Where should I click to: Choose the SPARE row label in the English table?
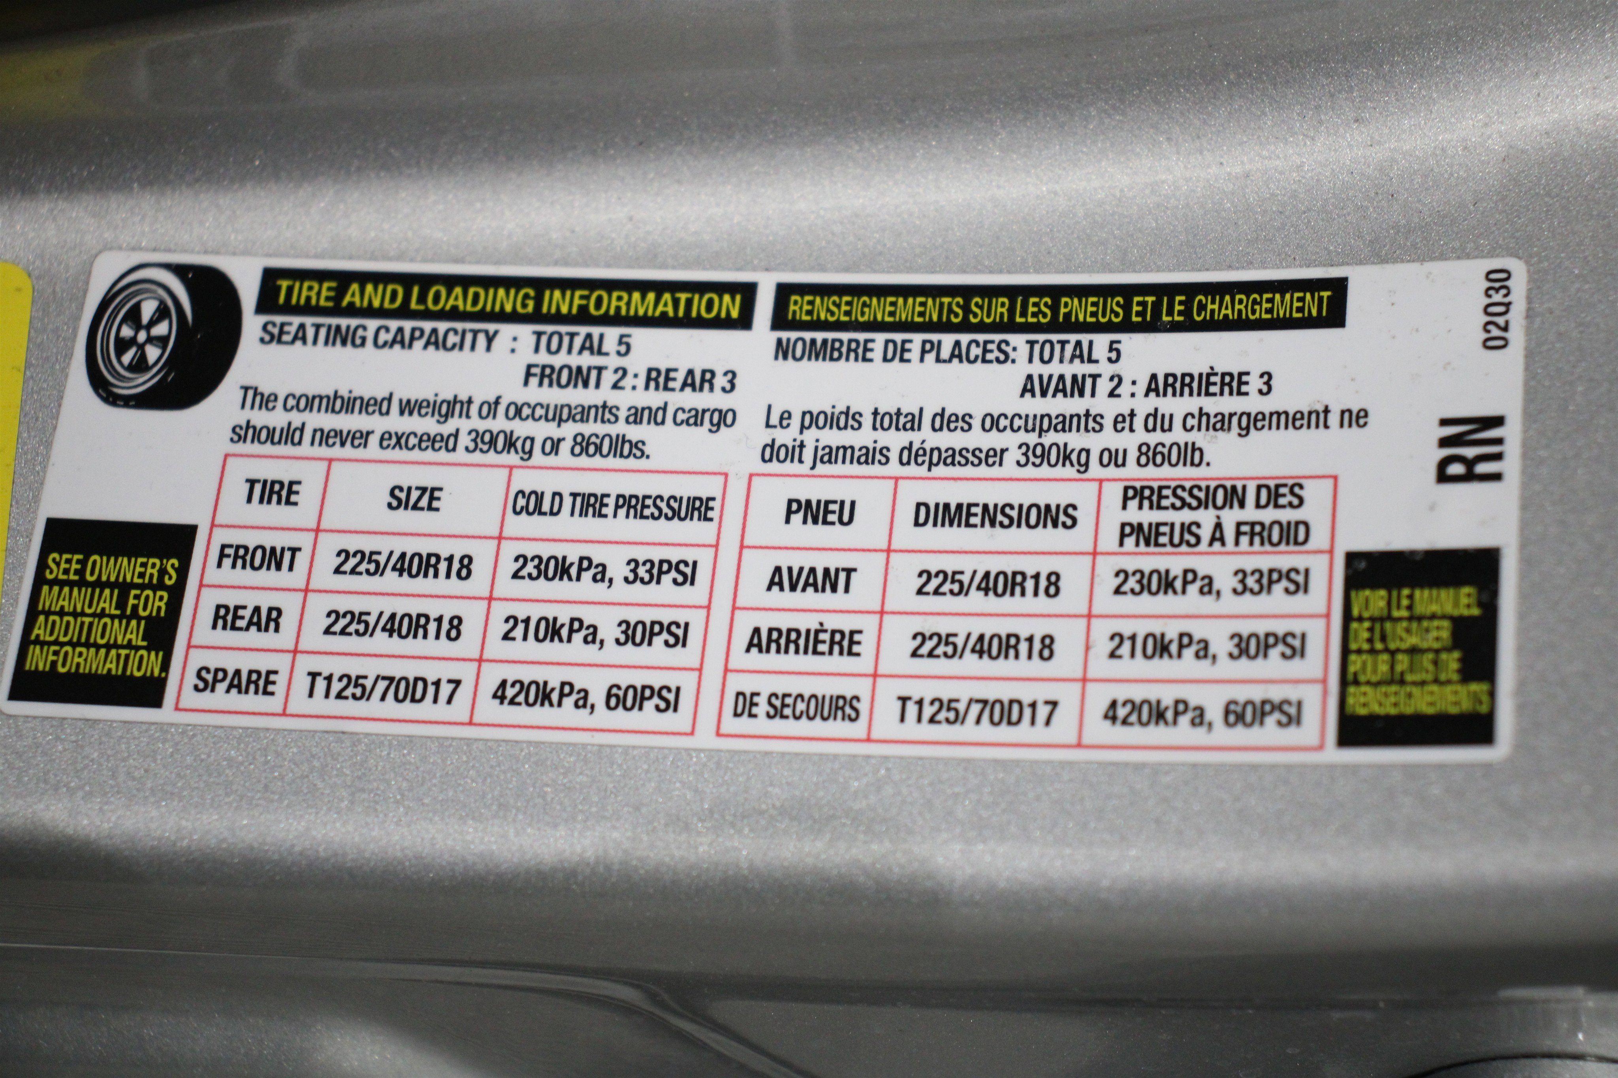235,681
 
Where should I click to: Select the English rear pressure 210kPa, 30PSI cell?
595,633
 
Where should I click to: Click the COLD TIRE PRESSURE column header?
613,507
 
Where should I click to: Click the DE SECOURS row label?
796,708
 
